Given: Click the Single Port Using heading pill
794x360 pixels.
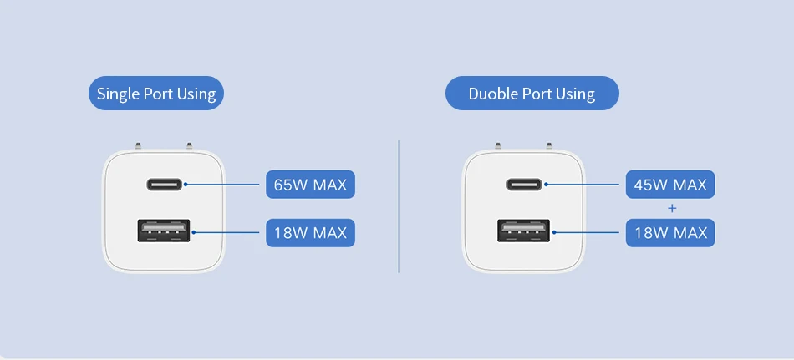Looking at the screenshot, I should tap(156, 94).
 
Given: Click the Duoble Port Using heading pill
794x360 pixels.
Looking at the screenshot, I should tap(532, 94).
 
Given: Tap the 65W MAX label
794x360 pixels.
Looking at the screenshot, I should tap(310, 184).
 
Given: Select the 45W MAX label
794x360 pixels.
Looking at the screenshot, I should tap(670, 184).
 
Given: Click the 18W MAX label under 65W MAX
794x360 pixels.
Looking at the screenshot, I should tap(310, 232).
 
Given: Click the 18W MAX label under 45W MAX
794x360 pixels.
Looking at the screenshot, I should tap(670, 232).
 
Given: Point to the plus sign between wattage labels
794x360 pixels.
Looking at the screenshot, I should tap(671, 208).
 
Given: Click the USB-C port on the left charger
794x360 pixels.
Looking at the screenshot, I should tap(164, 184).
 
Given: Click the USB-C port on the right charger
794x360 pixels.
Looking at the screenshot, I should tap(524, 184).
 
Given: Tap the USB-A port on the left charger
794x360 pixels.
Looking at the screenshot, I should tap(164, 231).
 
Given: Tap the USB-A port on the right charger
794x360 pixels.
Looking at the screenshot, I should tap(524, 231).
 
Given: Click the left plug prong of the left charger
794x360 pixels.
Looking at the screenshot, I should tap(136, 147).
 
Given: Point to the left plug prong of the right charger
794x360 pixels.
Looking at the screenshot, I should tap(497, 147).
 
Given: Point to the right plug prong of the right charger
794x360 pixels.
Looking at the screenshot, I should tap(551, 147).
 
